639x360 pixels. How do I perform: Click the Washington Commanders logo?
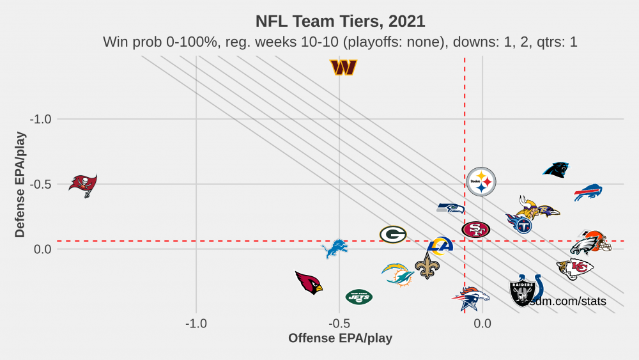(343, 67)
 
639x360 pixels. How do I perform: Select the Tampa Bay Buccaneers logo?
(83, 185)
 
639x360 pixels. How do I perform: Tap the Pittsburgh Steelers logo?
(481, 182)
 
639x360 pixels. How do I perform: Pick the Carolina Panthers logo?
(556, 169)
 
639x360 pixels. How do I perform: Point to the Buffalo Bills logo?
(588, 192)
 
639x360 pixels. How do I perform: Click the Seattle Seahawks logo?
(450, 208)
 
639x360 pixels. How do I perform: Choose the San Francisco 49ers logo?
(476, 229)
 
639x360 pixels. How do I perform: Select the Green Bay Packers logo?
(393, 235)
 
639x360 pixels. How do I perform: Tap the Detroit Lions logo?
(335, 249)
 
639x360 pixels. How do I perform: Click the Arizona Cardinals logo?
(309, 282)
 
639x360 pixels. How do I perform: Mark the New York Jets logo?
(358, 297)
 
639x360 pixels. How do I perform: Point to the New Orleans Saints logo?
(427, 265)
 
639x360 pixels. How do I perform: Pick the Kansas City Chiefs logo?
(575, 269)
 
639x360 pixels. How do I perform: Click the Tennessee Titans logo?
(520, 223)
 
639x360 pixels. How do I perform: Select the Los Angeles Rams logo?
(440, 246)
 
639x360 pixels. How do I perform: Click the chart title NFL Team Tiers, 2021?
(340, 21)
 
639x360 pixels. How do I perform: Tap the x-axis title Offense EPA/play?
(340, 338)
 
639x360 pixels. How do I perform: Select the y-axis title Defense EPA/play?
(20, 184)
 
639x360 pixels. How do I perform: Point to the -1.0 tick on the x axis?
(196, 324)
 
